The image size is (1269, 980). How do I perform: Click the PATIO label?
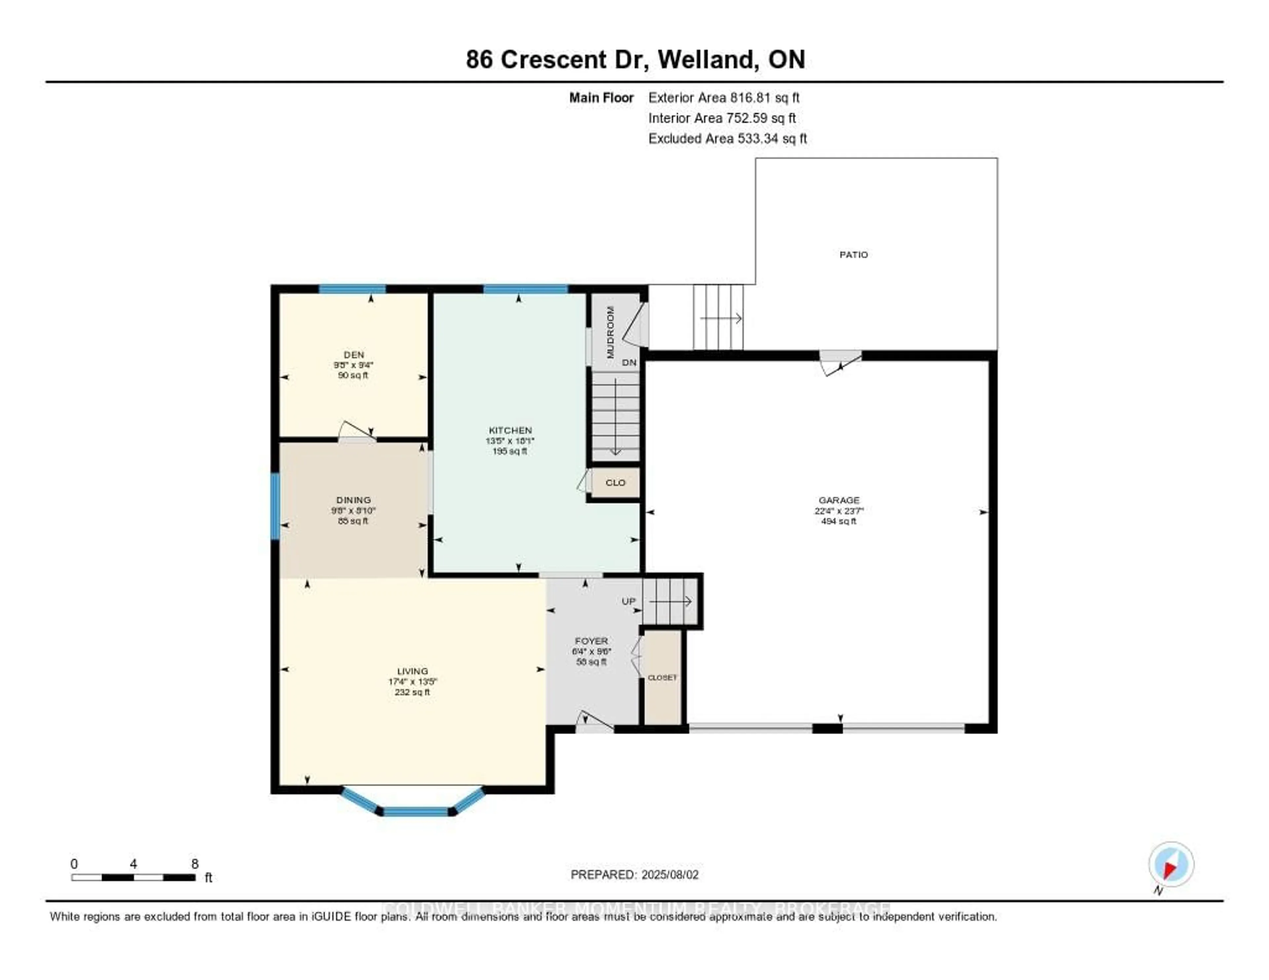pos(853,254)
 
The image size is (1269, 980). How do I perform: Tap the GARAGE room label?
pos(838,500)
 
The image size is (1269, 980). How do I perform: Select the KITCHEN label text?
pos(510,430)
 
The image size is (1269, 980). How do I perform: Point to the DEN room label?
pos(353,354)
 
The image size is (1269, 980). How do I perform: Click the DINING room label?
pos(353,500)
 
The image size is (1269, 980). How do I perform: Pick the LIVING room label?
pos(412,670)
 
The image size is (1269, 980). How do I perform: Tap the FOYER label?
pos(591,641)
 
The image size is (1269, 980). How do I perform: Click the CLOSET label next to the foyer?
pos(662,677)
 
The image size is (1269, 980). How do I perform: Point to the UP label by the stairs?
pos(629,601)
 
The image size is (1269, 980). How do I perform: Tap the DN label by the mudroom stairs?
pos(629,362)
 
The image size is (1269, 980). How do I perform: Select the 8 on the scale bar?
pos(195,864)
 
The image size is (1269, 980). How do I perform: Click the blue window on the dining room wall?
pos(275,506)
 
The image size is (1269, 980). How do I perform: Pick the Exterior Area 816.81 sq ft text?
pos(724,97)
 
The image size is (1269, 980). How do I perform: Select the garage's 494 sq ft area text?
pos(838,521)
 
